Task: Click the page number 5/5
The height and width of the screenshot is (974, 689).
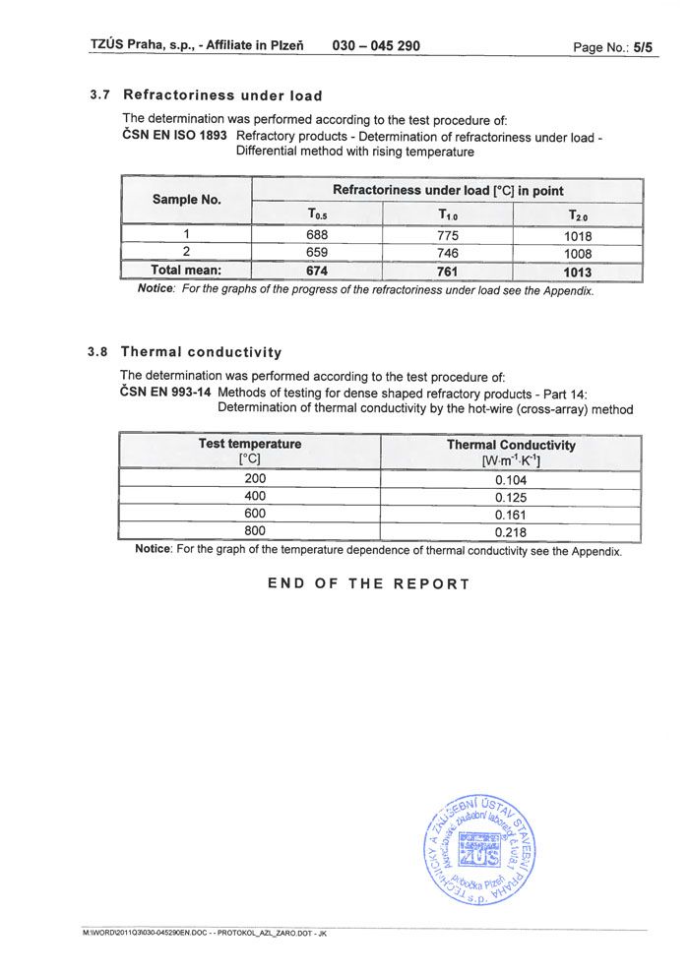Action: point(643,46)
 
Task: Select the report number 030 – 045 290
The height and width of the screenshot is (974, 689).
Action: point(376,45)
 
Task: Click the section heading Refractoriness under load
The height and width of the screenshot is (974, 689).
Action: point(221,95)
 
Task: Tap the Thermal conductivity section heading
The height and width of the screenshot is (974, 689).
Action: point(201,352)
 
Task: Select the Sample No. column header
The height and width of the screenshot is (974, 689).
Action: point(187,200)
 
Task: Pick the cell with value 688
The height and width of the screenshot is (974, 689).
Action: point(317,234)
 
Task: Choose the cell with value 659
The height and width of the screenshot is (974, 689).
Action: point(317,252)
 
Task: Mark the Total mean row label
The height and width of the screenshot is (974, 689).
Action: point(186,270)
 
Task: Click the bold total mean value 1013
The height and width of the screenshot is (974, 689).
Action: point(578,271)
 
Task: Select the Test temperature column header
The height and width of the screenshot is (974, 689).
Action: point(250,444)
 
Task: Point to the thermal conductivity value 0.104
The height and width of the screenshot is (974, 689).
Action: point(511,480)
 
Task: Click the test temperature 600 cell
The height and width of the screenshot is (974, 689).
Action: point(255,515)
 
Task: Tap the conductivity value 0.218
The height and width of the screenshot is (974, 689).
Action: point(511,532)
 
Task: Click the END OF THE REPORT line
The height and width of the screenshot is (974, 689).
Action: point(369,583)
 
